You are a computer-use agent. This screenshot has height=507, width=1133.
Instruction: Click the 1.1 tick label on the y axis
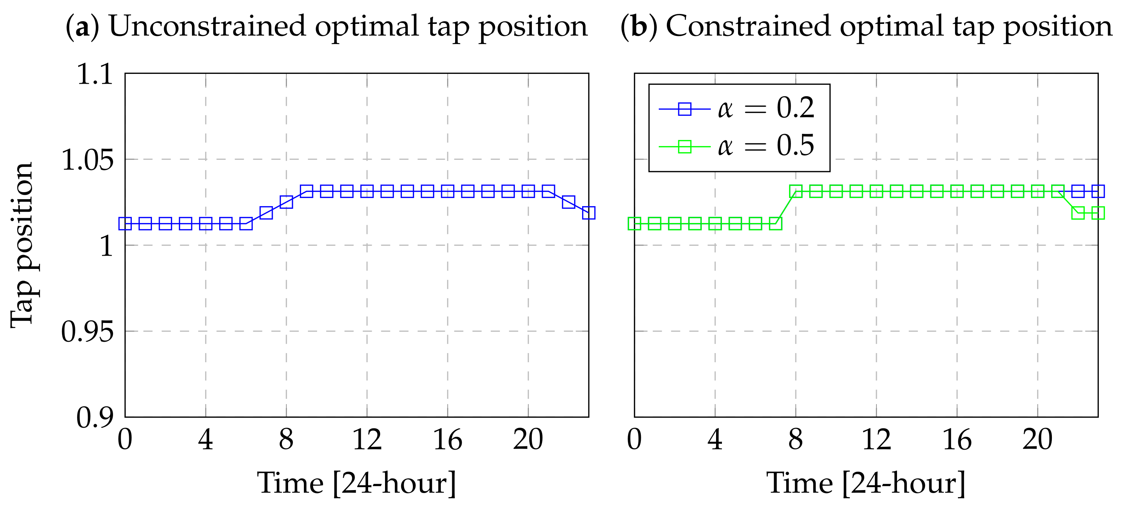tap(95, 74)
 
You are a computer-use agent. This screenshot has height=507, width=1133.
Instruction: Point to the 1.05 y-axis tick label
tap(87, 160)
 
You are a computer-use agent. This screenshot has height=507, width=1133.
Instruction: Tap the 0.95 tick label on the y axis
tap(87, 331)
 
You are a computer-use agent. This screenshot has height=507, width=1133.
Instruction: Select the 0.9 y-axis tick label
tap(95, 417)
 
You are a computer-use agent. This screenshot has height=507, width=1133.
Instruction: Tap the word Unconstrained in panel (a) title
tap(207, 26)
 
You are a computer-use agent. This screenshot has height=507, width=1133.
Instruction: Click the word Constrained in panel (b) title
tap(748, 26)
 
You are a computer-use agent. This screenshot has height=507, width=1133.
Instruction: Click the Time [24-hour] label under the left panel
tap(357, 483)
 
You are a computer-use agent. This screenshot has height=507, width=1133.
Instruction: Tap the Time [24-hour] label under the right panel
tap(865, 483)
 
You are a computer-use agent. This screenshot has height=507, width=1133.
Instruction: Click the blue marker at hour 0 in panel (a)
tap(125, 224)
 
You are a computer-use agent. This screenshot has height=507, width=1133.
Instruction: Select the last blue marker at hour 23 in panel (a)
tap(588, 213)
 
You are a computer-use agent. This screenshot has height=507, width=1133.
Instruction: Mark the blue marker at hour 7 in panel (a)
tap(266, 213)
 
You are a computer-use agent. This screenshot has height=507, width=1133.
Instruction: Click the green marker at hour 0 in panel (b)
tap(634, 224)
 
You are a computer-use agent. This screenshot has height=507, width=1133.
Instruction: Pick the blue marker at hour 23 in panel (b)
tap(1098, 191)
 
